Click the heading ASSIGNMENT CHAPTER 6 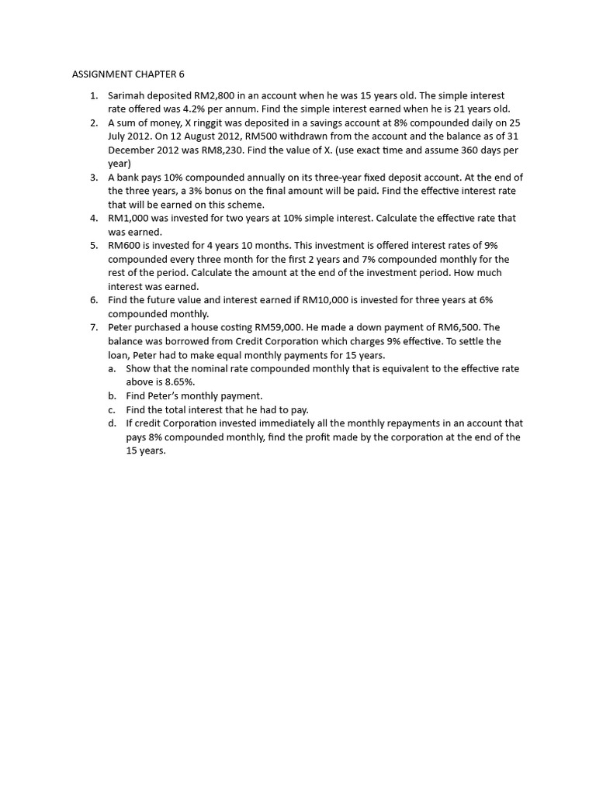tap(128, 74)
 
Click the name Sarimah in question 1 tap(127, 95)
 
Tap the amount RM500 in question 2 tap(263, 136)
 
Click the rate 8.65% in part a tap(180, 381)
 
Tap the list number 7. tap(92, 327)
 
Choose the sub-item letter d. tap(112, 423)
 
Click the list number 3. tap(92, 177)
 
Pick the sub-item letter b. tap(112, 395)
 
